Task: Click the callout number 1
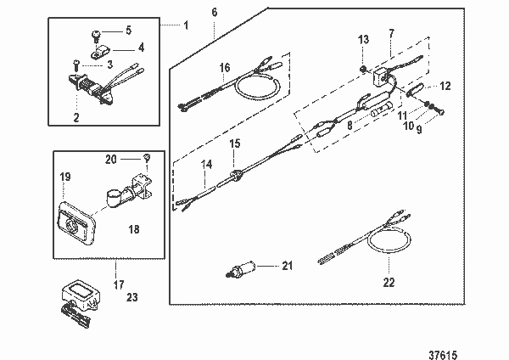pyautogui.click(x=186, y=24)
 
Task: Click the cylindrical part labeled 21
pyautogui.click(x=246, y=268)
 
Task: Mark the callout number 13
pyautogui.click(x=363, y=39)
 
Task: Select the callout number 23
pyautogui.click(x=131, y=297)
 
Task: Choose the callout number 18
pyautogui.click(x=135, y=228)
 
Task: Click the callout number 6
pyautogui.click(x=214, y=12)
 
